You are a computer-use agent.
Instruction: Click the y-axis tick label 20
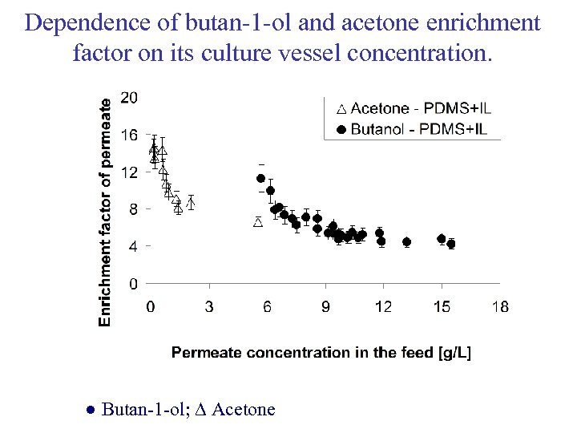tap(128, 97)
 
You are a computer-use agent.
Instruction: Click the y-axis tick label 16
tap(128, 135)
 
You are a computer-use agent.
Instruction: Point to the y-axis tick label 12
tap(128, 172)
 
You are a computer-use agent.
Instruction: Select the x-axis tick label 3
tap(209, 306)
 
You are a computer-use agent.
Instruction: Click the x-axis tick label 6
tap(268, 306)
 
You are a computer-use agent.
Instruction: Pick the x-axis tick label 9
tap(326, 306)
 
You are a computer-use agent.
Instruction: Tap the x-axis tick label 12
tap(384, 306)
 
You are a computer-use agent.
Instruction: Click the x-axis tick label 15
tap(442, 306)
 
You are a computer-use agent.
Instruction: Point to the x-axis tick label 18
tap(500, 306)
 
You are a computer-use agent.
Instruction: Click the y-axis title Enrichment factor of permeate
tap(105, 206)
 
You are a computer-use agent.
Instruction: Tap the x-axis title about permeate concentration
tap(321, 352)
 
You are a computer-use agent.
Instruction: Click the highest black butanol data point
tap(260, 178)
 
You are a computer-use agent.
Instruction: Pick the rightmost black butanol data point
tap(451, 244)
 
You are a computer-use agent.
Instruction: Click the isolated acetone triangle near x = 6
tap(258, 222)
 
